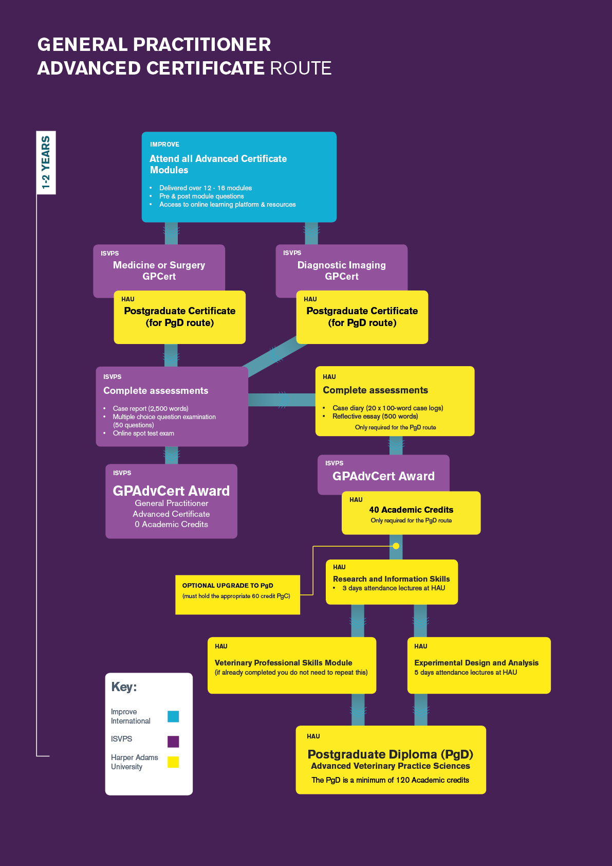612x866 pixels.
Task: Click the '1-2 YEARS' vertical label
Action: pyautogui.click(x=46, y=163)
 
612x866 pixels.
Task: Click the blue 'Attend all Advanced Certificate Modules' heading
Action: pyautogui.click(x=218, y=164)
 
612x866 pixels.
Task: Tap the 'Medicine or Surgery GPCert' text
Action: pyautogui.click(x=159, y=270)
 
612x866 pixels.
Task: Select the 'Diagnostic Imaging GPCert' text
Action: pyautogui.click(x=341, y=270)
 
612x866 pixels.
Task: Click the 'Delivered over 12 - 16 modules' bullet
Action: pyautogui.click(x=205, y=188)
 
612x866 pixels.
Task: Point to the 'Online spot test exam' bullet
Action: pyautogui.click(x=143, y=433)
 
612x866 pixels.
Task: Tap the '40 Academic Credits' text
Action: pyautogui.click(x=411, y=510)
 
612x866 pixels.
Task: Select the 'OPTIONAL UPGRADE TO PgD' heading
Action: pyautogui.click(x=228, y=585)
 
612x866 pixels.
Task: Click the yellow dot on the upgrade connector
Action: pyautogui.click(x=396, y=546)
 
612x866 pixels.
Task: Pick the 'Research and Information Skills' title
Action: pyautogui.click(x=391, y=579)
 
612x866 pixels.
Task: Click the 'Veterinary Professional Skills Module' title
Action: pyautogui.click(x=283, y=662)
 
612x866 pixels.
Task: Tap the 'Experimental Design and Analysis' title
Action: pyautogui.click(x=476, y=662)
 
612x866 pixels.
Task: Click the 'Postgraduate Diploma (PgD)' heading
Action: pyautogui.click(x=390, y=754)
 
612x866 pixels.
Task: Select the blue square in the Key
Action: pyautogui.click(x=173, y=716)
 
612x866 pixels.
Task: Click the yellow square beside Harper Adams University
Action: pyautogui.click(x=173, y=762)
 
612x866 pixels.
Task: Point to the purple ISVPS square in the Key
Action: pyautogui.click(x=173, y=741)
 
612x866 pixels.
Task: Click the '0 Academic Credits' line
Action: pyautogui.click(x=171, y=524)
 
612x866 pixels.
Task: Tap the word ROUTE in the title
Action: pyautogui.click(x=301, y=68)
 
